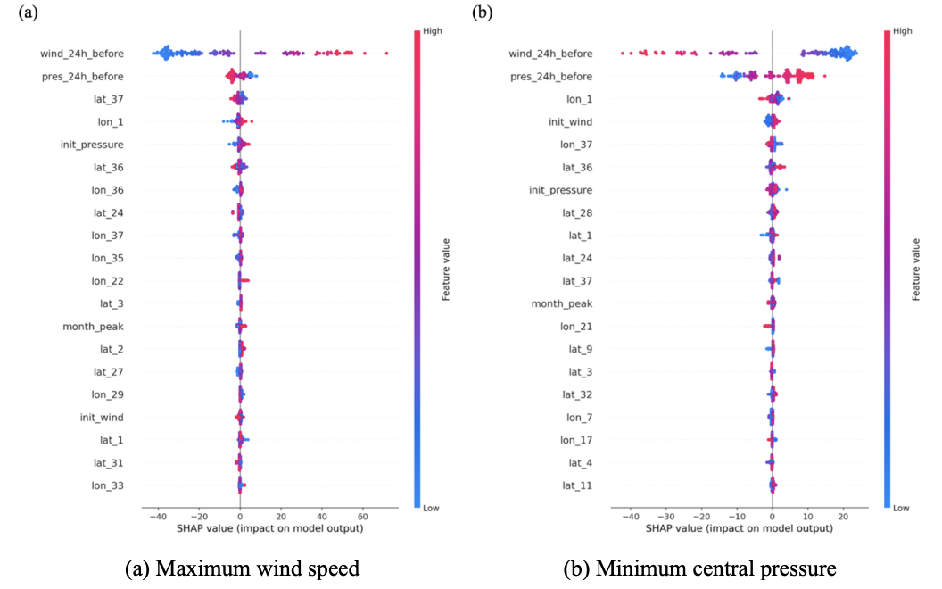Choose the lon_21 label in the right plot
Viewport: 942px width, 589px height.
tap(575, 327)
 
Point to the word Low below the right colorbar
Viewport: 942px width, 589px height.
tap(902, 508)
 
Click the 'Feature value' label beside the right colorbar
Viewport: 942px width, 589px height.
tap(916, 269)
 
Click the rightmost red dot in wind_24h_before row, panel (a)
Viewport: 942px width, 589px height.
tap(386, 54)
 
